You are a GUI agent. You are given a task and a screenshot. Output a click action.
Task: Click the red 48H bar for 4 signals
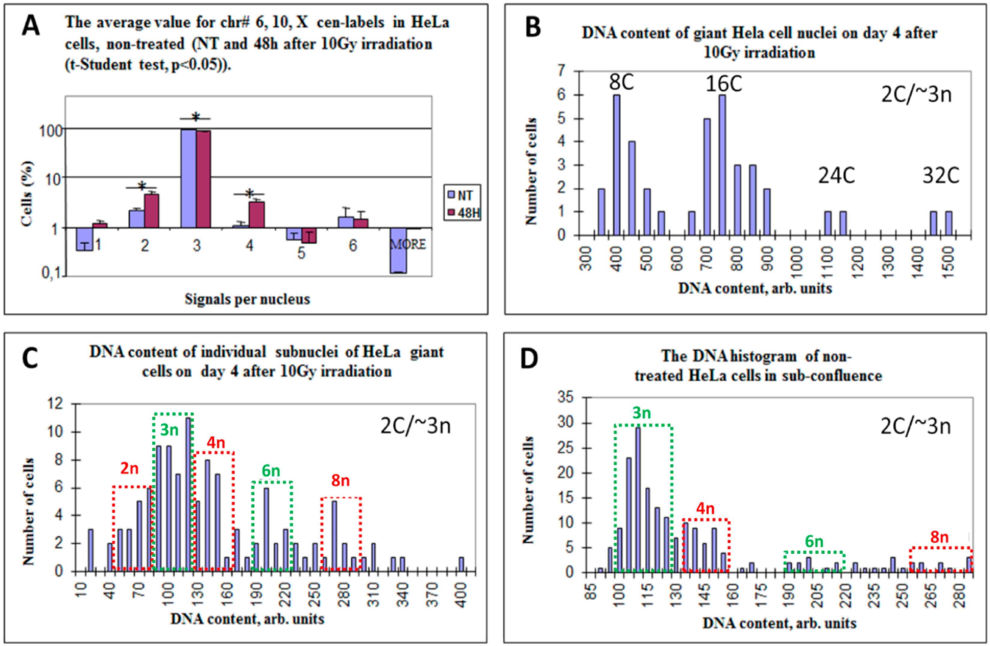point(257,215)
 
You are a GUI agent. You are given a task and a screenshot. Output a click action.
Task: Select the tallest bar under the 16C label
point(722,165)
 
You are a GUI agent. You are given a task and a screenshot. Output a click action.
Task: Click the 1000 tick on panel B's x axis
point(796,258)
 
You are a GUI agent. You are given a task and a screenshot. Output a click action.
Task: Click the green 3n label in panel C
point(169,430)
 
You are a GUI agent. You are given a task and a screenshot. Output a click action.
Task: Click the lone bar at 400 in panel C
point(461,564)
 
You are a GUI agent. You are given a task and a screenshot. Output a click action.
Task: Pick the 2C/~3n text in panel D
point(916,426)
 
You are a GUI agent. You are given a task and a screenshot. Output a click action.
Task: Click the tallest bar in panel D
point(638,500)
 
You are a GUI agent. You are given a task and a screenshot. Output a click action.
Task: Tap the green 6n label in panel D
point(814,542)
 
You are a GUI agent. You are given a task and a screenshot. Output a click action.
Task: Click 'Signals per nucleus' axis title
point(247,299)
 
